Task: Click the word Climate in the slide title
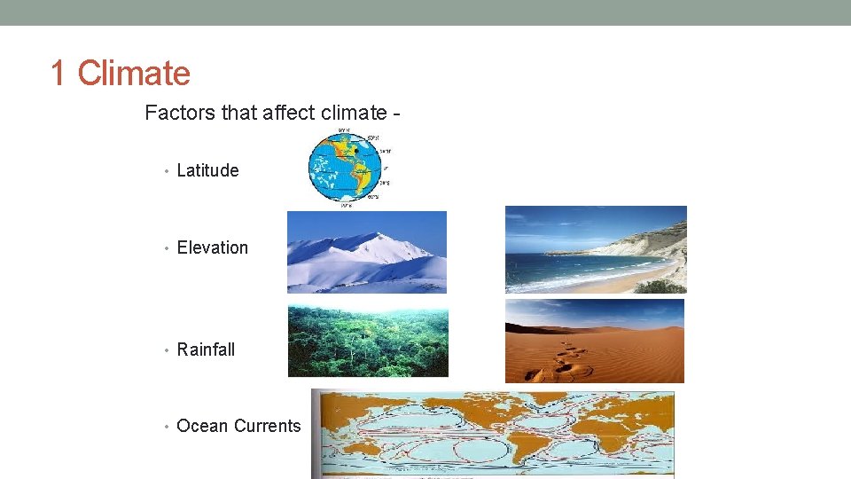point(134,73)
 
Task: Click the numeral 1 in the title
point(59,73)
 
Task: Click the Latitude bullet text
point(207,170)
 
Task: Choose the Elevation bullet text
point(213,247)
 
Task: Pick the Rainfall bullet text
point(206,349)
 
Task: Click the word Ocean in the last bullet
point(202,426)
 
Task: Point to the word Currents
point(268,426)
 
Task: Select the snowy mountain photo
point(366,252)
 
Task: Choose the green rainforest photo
point(368,342)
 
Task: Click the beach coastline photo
point(596,249)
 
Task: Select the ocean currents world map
point(493,433)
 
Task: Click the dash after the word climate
point(395,114)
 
